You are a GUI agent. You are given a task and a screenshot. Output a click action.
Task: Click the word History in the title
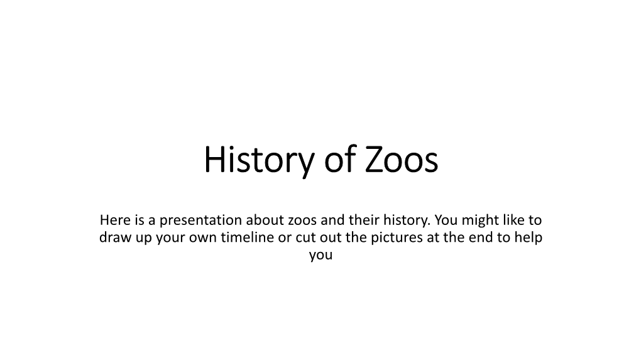[x=259, y=160]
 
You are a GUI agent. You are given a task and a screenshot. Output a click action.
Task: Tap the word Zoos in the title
[x=402, y=159]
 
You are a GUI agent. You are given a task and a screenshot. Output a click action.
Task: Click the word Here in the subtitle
[x=115, y=220]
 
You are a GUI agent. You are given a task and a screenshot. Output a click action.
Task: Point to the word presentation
[x=200, y=221]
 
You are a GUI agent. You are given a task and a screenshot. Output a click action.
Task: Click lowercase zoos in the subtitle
[x=302, y=221]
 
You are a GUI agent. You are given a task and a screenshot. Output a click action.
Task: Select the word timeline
[x=248, y=237]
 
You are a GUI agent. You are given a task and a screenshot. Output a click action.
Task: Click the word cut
[x=305, y=238]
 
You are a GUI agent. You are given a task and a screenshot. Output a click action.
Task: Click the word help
[x=528, y=238]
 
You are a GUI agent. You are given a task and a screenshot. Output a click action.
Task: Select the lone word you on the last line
[x=321, y=256]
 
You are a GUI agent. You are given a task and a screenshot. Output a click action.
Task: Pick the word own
[x=203, y=239]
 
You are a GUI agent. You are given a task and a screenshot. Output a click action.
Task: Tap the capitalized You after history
[x=446, y=220]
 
